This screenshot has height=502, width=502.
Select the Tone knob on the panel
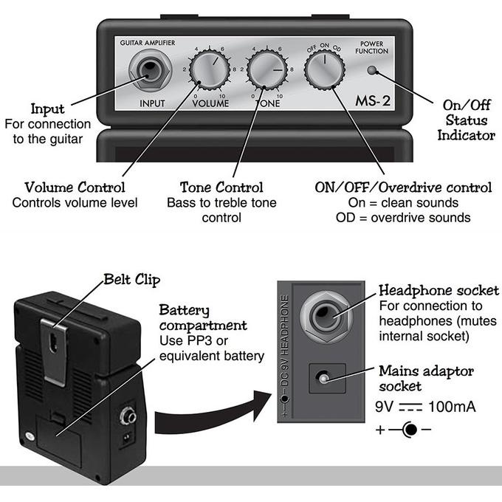267,73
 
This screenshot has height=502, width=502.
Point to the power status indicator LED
374,72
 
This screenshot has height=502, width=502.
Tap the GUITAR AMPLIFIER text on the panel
148,44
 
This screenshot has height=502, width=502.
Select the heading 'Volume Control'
75,187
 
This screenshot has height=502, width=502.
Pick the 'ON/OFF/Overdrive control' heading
403,187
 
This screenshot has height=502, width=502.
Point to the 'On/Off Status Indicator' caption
466,123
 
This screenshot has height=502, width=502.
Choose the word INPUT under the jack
152,103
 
